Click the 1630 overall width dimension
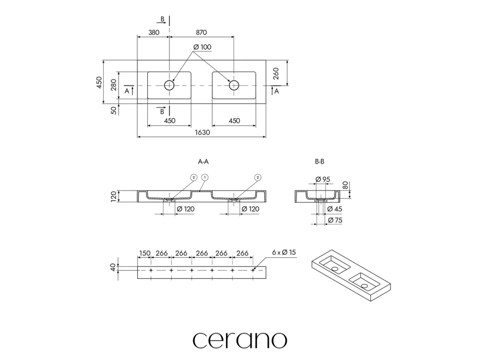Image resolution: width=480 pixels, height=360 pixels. point(202,132)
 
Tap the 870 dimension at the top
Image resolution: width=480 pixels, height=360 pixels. point(201,32)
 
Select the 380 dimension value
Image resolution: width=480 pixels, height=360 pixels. point(153,32)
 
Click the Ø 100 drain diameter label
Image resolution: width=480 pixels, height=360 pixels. point(202,47)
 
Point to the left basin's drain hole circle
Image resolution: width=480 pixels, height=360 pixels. point(169,85)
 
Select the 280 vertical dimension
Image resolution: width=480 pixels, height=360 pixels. point(113,85)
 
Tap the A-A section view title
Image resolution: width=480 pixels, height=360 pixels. point(203,161)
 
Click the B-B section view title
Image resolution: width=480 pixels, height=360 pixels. point(320,161)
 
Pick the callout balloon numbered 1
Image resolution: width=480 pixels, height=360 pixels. point(204,177)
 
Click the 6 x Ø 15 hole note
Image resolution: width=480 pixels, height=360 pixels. point(284,253)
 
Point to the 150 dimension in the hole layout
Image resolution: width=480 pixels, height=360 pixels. point(144,253)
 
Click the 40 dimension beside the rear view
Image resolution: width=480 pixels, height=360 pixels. point(112,268)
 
